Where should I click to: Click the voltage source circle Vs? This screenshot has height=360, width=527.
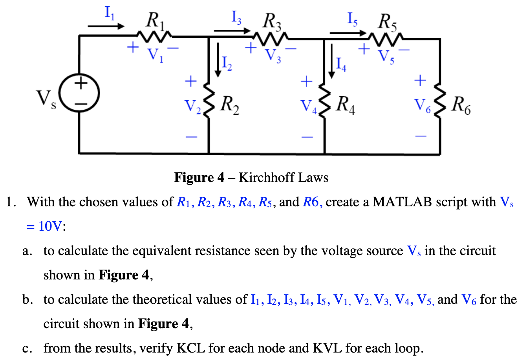click(x=81, y=94)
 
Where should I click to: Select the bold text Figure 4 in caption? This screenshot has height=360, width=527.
click(x=199, y=178)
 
